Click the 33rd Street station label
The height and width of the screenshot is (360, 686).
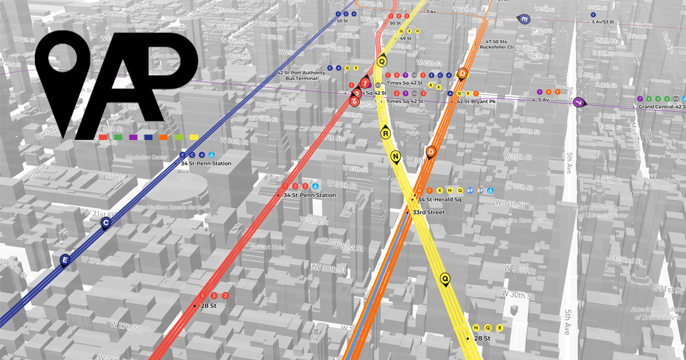(x=428, y=213)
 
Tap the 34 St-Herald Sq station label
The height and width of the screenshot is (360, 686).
(x=439, y=199)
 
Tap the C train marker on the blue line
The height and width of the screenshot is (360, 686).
(x=105, y=223)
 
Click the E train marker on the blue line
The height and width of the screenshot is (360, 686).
(x=65, y=261)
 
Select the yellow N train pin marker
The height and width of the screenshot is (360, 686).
(x=395, y=156)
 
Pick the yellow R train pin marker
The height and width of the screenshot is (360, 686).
(x=386, y=134)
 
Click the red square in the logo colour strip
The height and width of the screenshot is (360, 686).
(x=103, y=137)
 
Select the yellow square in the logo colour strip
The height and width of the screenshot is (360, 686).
(x=194, y=137)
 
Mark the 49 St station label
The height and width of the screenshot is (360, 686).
(x=406, y=38)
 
